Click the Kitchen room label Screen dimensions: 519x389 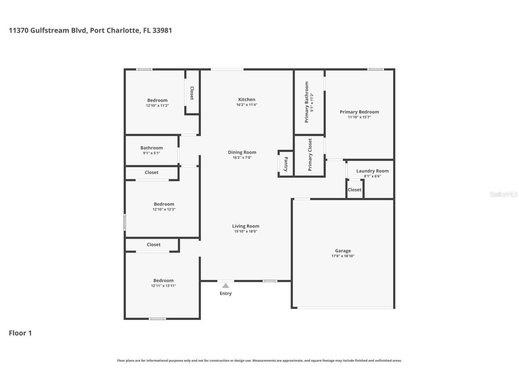[247, 99]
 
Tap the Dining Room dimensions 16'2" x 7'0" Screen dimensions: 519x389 [242, 157]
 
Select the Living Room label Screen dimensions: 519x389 [246, 226]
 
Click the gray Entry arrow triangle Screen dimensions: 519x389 [225, 286]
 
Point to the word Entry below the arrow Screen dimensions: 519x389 [225, 293]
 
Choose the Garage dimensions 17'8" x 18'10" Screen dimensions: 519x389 [343, 256]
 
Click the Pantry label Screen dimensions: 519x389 [286, 164]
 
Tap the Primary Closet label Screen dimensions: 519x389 [310, 154]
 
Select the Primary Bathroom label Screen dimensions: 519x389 [306, 102]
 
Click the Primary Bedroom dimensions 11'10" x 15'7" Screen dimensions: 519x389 [359, 117]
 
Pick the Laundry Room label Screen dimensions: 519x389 [372, 171]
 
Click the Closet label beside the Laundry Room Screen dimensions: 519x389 [354, 190]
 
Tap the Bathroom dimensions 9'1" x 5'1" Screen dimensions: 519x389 [151, 153]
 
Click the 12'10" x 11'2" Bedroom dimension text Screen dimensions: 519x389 [157, 106]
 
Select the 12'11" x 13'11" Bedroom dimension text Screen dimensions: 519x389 [163, 286]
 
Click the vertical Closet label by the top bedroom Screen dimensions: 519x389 [192, 93]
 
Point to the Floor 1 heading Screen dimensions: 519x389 [20, 333]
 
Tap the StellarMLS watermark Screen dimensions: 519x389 [503, 194]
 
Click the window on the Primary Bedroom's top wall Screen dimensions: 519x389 [376, 69]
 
